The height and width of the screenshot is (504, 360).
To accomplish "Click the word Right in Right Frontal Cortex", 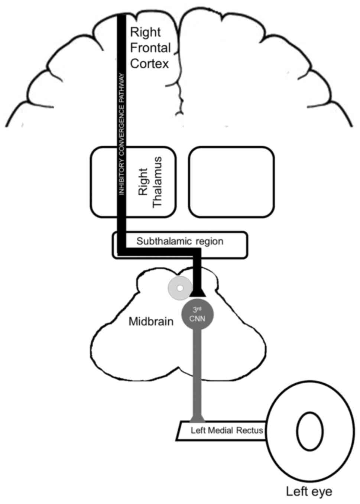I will [145, 32].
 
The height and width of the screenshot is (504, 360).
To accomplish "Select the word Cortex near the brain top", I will [149, 64].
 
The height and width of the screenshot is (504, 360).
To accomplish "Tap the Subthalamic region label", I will [180, 241].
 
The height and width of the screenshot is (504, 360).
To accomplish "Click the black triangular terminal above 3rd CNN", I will [197, 293].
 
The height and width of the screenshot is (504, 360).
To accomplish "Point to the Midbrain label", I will [151, 322].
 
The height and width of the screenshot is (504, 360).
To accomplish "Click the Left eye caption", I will [309, 492].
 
